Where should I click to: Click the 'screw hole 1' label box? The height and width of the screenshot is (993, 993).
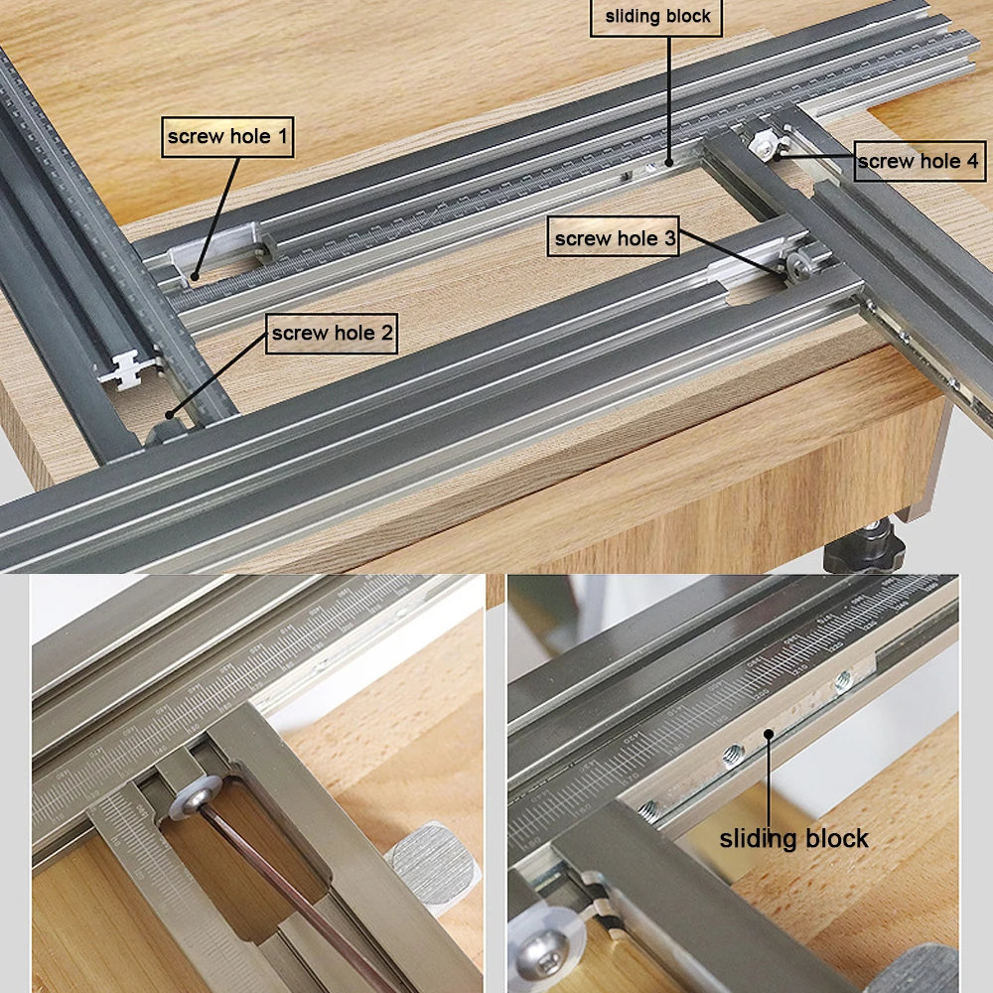click(x=228, y=137)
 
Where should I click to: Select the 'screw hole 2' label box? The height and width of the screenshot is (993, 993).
click(x=331, y=334)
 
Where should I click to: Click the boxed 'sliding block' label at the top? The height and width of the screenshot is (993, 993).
click(x=657, y=17)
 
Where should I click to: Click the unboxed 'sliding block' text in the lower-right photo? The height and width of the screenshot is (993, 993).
click(x=793, y=838)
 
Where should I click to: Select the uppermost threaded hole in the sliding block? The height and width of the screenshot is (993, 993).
click(x=843, y=680)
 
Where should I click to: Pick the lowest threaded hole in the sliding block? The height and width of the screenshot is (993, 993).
click(x=649, y=809)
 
